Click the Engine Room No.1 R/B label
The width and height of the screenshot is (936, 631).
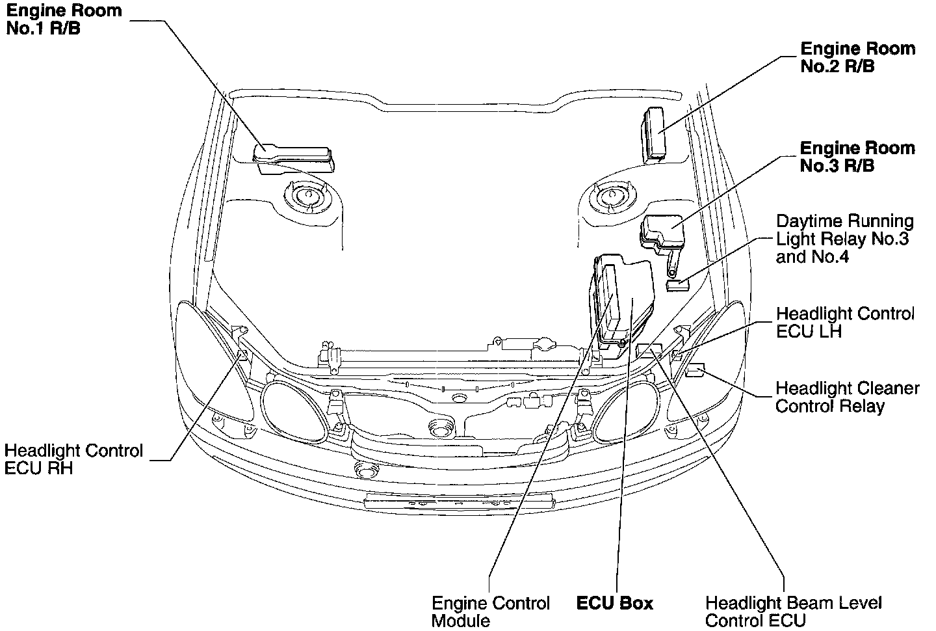63,20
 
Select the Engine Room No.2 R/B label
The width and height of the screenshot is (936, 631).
857,57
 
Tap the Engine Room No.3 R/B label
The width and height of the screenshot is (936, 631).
857,157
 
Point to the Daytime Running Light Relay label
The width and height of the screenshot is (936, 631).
844,239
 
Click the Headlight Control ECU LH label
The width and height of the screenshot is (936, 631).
845,322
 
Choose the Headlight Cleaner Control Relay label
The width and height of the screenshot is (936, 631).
847,397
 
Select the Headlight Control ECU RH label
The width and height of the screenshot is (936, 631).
73,459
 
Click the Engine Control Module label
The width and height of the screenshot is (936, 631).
491,611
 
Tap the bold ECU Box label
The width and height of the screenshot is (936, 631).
614,604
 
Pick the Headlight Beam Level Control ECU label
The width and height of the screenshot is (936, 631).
794,611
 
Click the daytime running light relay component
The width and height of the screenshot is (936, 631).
677,284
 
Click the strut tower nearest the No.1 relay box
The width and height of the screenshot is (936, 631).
307,195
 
